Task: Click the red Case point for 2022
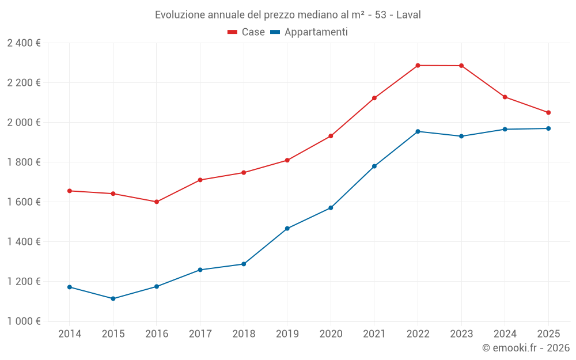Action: coord(418,66)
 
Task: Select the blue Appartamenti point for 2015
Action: coord(113,298)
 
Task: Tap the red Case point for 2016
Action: coord(157,202)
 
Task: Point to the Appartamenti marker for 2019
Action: coord(287,229)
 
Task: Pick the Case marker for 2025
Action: coord(548,112)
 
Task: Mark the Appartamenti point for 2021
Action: coord(374,166)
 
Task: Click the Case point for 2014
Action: coord(70,191)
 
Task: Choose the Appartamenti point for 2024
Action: coord(505,129)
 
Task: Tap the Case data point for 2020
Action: coord(331,136)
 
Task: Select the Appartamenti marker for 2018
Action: coord(244,264)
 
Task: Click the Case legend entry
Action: coord(247,32)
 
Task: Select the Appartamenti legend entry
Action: coord(309,32)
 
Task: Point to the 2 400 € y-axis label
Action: coord(24,43)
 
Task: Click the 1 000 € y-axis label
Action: coord(24,321)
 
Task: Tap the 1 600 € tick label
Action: coord(24,202)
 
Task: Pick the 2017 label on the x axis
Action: coord(200,334)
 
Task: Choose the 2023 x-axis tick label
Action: coord(461,334)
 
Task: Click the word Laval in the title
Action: coord(408,14)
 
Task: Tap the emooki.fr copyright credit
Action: coord(526,348)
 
